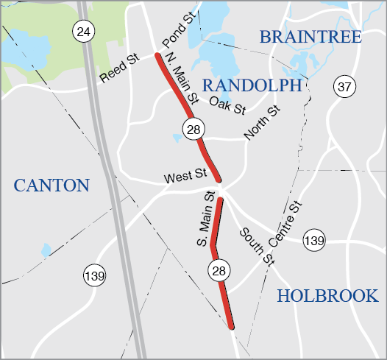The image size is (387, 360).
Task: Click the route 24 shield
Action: coord(83,31)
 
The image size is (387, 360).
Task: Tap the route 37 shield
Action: coord(343,86)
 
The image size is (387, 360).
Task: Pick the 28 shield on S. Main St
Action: coord(219,271)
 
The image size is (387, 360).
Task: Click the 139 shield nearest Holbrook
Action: coord(314,240)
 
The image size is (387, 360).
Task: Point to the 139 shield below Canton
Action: coord(93,275)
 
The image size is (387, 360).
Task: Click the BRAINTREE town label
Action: coord(310,37)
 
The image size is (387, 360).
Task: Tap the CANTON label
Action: coord(51,184)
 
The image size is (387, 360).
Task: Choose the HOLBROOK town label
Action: coord(327,296)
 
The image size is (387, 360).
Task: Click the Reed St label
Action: coord(119,66)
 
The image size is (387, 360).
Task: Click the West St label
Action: coord(184,176)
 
